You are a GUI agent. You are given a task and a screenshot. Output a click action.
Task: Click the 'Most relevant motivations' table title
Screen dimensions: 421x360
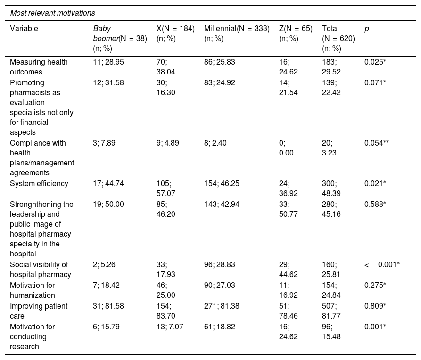pos(53,13)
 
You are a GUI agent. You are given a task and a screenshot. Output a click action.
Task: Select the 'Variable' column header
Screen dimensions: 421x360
pos(24,28)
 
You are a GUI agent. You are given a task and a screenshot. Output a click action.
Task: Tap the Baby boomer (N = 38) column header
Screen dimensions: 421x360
pos(120,38)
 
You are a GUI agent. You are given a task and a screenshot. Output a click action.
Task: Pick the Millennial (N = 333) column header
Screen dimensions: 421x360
pos(237,33)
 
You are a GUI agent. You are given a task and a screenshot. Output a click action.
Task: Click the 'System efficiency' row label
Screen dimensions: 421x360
pos(39,184)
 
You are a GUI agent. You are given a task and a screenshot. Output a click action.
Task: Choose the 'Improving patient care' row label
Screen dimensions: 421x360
pos(39,311)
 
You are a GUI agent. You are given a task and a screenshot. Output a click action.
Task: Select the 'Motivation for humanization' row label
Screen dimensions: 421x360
pos(33,290)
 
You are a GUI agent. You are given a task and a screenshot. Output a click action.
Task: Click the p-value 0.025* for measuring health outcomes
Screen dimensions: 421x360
pos(375,62)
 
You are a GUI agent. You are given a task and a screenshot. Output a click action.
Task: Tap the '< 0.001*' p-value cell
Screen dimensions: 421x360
pos(382,265)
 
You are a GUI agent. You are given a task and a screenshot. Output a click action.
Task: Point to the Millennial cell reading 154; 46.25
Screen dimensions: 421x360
pos(222,184)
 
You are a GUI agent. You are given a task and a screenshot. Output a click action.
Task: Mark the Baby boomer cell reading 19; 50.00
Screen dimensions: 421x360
pos(108,205)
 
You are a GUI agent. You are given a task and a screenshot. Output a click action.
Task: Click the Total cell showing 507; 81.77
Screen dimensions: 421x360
pos(331,311)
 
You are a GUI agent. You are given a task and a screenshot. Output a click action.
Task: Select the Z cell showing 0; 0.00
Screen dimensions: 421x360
pos(286,148)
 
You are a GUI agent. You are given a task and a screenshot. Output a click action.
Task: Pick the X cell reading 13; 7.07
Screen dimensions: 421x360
pos(170,327)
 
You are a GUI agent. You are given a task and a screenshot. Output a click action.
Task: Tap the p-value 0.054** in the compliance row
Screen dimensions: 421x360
pos(376,143)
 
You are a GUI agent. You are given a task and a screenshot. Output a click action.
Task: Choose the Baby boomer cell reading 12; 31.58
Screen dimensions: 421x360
pos(108,82)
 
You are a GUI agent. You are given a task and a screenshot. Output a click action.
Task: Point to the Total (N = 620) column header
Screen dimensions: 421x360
pos(338,38)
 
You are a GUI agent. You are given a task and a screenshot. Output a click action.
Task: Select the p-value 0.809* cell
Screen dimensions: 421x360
pos(375,306)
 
